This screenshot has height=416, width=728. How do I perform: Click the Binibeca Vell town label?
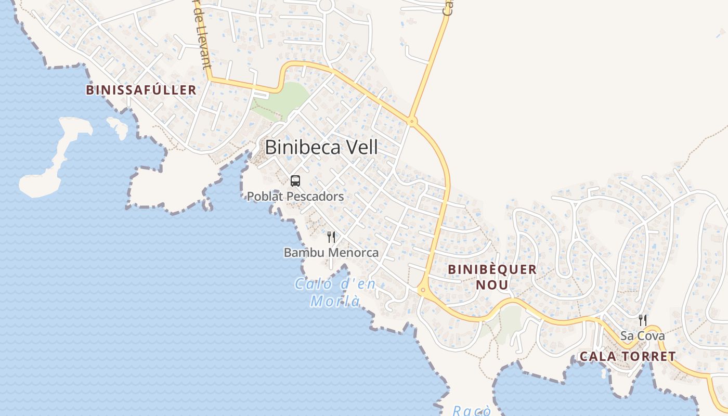tap(321, 147)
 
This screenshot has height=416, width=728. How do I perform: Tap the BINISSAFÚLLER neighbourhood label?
tap(141, 90)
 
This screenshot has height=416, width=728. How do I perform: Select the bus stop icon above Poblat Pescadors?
tap(295, 181)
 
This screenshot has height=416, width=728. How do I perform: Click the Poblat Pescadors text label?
tap(295, 197)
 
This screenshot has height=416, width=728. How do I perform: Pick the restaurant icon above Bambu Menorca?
tap(331, 237)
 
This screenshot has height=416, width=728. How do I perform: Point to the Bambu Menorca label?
tap(331, 253)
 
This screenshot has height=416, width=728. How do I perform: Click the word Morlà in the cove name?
tap(335, 301)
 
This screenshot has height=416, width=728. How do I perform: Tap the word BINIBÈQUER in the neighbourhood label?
tap(492, 269)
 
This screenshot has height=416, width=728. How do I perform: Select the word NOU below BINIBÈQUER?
tap(492, 285)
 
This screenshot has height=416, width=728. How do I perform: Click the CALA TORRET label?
tap(627, 357)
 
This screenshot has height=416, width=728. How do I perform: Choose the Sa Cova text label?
tap(642, 336)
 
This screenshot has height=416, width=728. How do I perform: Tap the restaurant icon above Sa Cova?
tap(643, 320)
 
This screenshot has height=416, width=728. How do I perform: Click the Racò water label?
tap(471, 411)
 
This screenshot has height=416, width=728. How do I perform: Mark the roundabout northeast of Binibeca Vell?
tap(412, 122)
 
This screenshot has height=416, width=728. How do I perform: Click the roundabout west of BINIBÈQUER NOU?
tap(423, 290)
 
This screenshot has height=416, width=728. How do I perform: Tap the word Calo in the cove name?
tap(314, 284)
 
